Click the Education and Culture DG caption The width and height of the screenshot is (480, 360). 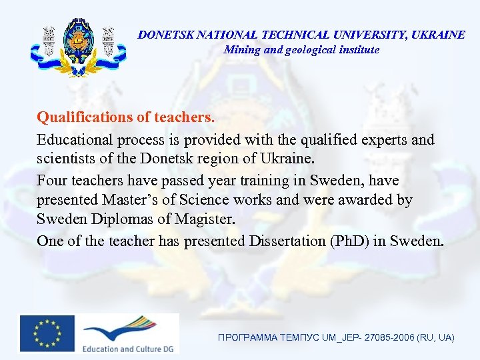coord(127,348)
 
